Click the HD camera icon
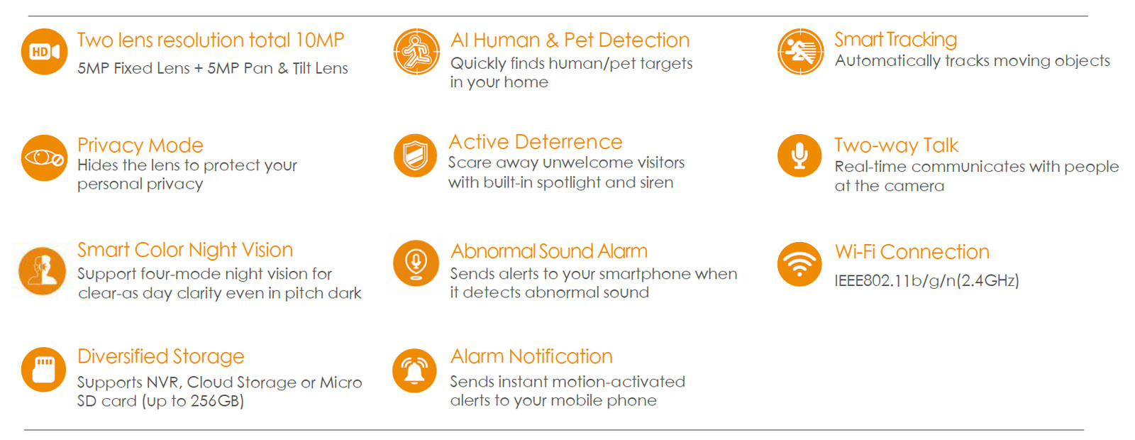[x=44, y=52]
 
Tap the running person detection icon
[x=416, y=52]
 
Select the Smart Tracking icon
[x=801, y=52]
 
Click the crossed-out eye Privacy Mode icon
[x=44, y=158]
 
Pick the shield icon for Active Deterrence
[x=416, y=155]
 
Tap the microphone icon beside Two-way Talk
[x=799, y=155]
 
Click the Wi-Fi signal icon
[x=799, y=264]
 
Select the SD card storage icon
[x=43, y=370]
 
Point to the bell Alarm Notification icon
[x=414, y=370]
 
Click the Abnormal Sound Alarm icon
[x=416, y=263]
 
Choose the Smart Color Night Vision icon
[x=42, y=271]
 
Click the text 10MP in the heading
[x=320, y=40]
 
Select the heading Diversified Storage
[x=160, y=356]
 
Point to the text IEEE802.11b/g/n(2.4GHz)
[x=926, y=280]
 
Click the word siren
[x=657, y=182]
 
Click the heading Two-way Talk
[x=897, y=145]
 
